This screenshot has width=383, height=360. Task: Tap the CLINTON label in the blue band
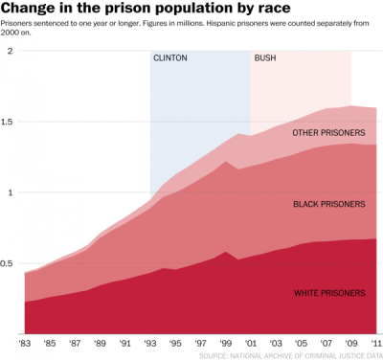click(170, 58)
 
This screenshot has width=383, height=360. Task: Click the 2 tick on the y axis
click(9, 51)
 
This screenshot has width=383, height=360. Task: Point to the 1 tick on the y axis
click(9, 192)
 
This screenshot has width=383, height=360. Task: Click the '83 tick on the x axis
click(25, 343)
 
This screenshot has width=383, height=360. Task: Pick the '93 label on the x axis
click(149, 343)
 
